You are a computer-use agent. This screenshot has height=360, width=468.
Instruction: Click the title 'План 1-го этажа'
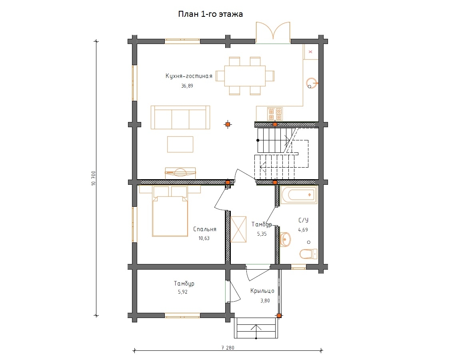210,14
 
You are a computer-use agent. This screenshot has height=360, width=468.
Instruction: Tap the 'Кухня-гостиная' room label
189,76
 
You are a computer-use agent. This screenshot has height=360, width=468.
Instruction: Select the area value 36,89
187,86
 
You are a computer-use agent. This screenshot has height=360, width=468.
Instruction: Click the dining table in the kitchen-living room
245,76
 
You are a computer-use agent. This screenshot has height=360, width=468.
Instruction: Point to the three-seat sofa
180,117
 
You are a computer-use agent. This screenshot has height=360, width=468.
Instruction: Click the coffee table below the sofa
180,144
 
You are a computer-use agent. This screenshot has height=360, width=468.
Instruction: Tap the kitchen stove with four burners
275,114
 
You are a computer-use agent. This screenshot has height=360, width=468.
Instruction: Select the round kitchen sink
312,83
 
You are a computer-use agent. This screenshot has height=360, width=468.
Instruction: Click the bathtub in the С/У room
299,195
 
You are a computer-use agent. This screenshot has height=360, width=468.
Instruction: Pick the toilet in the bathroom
308,254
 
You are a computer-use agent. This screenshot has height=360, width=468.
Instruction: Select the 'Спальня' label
205,229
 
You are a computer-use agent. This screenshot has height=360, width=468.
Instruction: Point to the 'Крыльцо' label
262,291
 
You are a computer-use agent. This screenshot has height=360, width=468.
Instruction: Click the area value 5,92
183,292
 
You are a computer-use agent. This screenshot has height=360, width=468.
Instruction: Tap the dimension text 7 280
228,348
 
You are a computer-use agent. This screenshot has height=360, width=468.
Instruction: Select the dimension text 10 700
94,178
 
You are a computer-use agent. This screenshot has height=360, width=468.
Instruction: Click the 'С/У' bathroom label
303,220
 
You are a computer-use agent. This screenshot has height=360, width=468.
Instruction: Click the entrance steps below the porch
256,328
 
